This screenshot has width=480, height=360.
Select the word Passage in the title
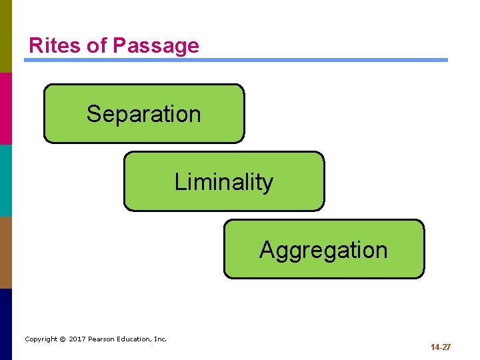155,45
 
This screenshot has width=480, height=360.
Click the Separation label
143,114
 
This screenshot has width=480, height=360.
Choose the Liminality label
224,182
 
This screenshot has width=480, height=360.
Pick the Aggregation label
323,250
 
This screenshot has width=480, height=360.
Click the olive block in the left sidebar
6,36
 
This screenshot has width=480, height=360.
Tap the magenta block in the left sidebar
6,108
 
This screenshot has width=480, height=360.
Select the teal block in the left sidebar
6,180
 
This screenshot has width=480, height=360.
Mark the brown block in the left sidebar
6,252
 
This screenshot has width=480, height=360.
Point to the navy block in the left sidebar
6,324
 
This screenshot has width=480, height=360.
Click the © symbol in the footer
62,339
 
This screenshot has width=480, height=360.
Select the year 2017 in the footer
77,339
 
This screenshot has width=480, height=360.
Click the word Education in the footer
135,339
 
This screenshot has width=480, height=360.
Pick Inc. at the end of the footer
161,339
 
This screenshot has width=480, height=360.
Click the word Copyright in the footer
41,339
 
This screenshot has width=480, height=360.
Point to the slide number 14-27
441,347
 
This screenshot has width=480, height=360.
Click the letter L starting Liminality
179,182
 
